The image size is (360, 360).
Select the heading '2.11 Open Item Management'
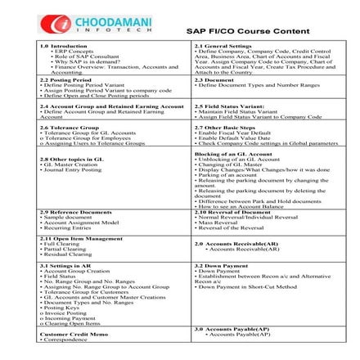(68, 238)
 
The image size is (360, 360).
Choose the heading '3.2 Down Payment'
(218, 265)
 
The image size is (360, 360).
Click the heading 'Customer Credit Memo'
(65, 335)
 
